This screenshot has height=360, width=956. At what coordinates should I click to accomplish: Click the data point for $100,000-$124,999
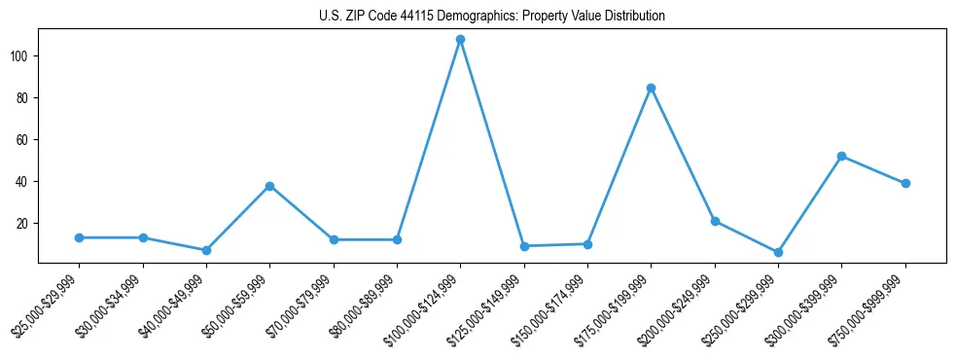(460, 40)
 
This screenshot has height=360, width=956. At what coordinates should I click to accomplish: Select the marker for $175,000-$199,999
(651, 88)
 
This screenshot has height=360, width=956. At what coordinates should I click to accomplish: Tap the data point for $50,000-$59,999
(269, 186)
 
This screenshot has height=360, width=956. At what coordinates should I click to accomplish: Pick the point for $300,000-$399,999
(841, 157)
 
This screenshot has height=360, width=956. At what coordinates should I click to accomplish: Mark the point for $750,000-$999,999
(905, 183)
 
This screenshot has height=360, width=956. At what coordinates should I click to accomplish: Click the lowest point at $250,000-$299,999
(778, 252)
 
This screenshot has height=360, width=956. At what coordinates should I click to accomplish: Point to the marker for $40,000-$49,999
(206, 250)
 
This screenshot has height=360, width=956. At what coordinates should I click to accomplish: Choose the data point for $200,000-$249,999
(715, 221)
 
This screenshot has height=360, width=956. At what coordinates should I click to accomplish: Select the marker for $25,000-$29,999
(79, 237)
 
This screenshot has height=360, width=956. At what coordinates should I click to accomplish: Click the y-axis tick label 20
(25, 224)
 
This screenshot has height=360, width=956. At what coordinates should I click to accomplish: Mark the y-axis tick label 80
(25, 98)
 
